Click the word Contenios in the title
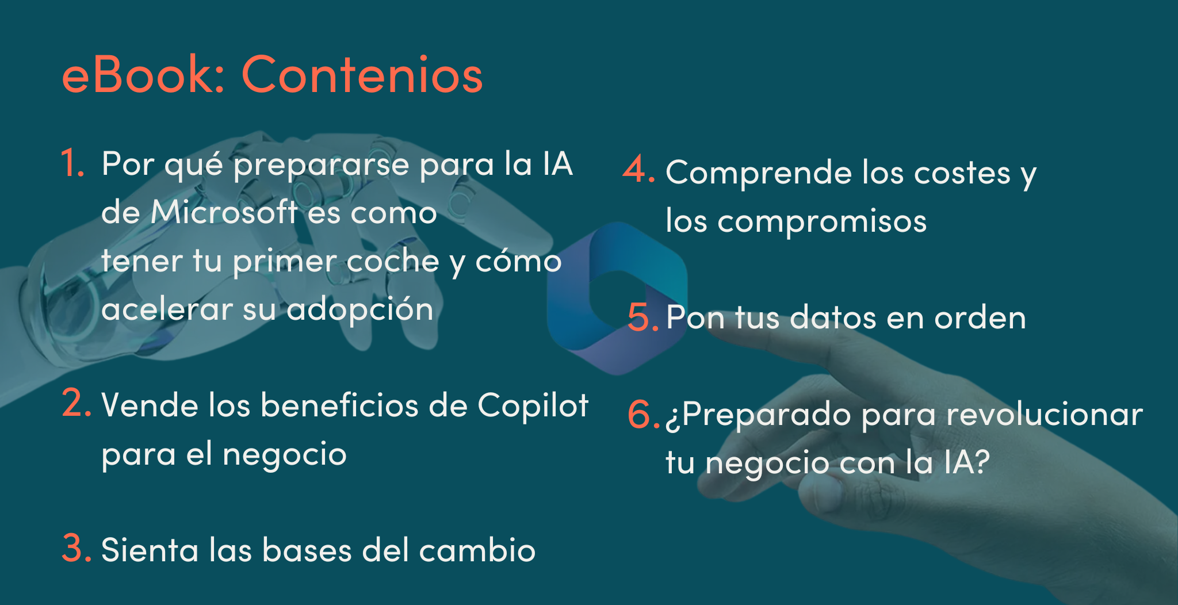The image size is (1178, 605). pos(362,74)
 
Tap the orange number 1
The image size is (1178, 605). pos(73,163)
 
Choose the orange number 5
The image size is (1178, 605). pos(643,317)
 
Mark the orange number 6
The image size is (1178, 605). pos(643,414)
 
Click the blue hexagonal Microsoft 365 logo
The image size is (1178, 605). pos(617,298)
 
